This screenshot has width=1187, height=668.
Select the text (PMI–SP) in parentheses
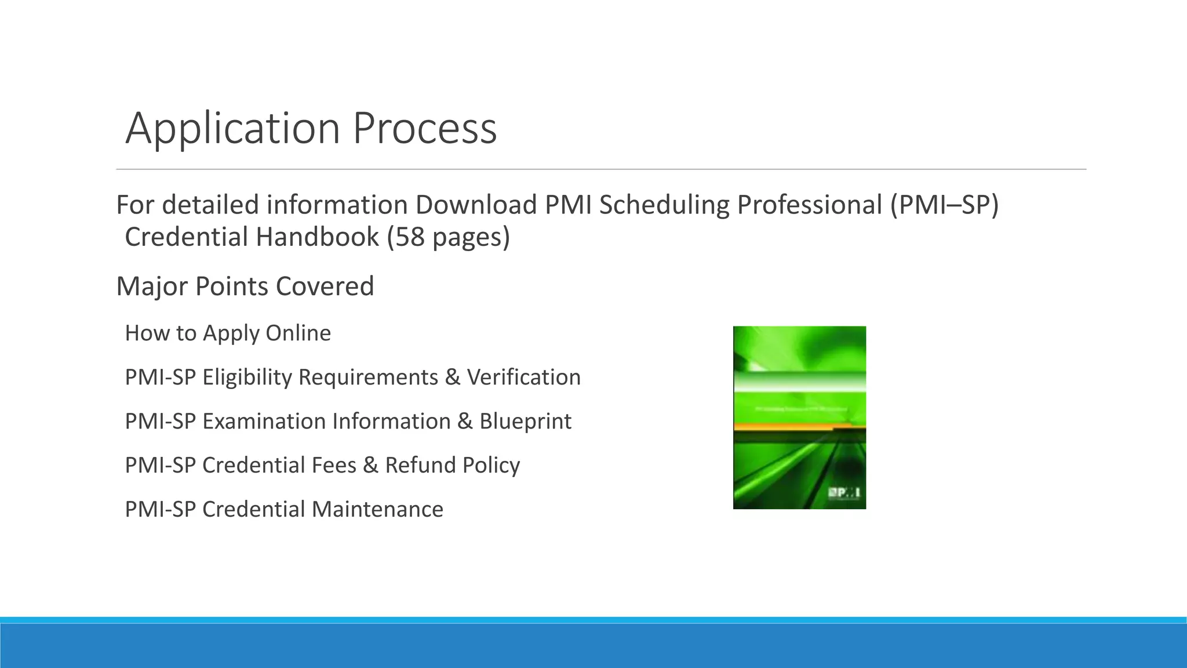[944, 205]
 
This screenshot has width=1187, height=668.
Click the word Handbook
[317, 237]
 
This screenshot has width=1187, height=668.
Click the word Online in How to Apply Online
[298, 333]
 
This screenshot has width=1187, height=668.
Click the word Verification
[523, 377]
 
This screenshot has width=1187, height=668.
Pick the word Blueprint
[525, 422]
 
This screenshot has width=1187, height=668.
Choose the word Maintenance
[377, 510]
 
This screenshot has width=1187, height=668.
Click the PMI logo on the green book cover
[844, 493]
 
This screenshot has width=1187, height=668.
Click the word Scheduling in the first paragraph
[664, 205]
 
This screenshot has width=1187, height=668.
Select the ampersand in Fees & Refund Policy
[371, 466]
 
